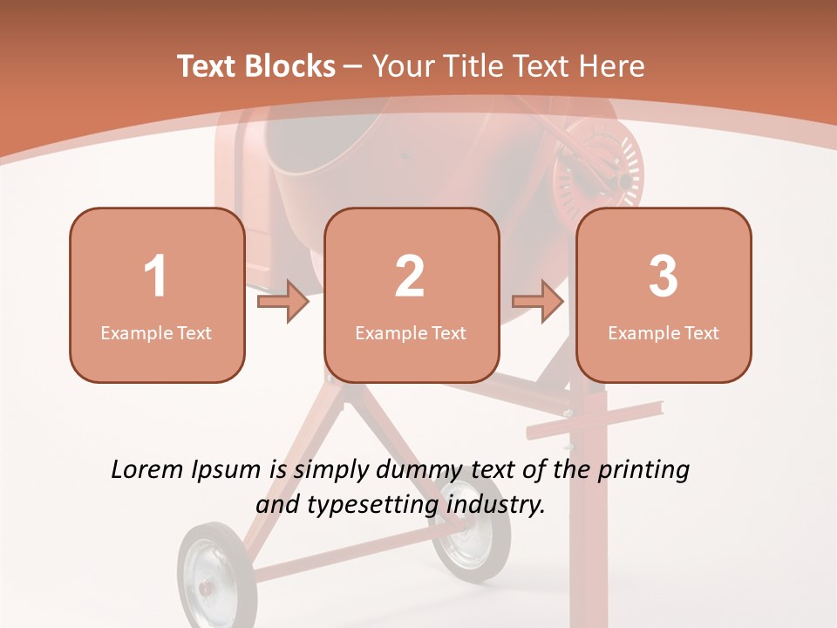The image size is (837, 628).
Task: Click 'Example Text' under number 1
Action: (x=156, y=332)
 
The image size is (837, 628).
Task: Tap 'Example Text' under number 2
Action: (x=411, y=332)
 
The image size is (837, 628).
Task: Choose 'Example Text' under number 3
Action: (x=663, y=332)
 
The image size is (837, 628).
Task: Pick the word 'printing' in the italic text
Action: (x=643, y=470)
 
